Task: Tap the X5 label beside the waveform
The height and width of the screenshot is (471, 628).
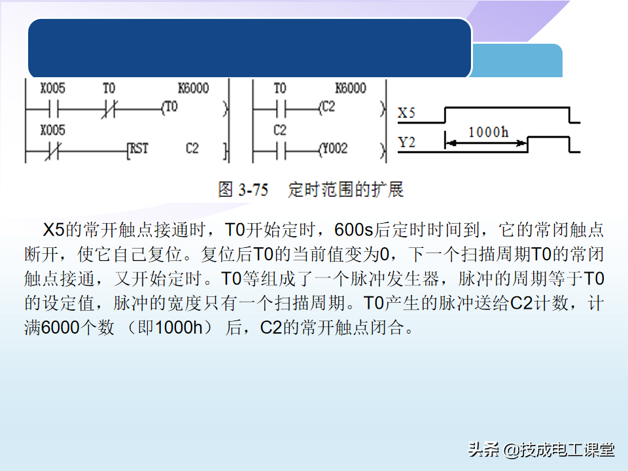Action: pyautogui.click(x=407, y=113)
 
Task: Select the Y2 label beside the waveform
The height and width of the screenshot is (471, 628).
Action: pyautogui.click(x=407, y=142)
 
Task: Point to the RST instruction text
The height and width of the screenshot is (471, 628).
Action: pyautogui.click(x=139, y=148)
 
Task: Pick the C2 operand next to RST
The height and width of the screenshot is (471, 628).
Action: pyautogui.click(x=192, y=148)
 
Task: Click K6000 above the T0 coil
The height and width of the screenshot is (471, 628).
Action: pyautogui.click(x=193, y=88)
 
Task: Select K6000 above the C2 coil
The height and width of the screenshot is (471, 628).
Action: pyautogui.click(x=350, y=88)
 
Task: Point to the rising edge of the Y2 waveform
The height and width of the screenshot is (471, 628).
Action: pyautogui.click(x=529, y=144)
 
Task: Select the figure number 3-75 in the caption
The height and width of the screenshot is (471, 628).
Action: pyautogui.click(x=253, y=190)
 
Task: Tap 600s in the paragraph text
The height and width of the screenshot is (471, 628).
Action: pyautogui.click(x=353, y=230)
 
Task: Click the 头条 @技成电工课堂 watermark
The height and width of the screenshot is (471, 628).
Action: pyautogui.click(x=541, y=449)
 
